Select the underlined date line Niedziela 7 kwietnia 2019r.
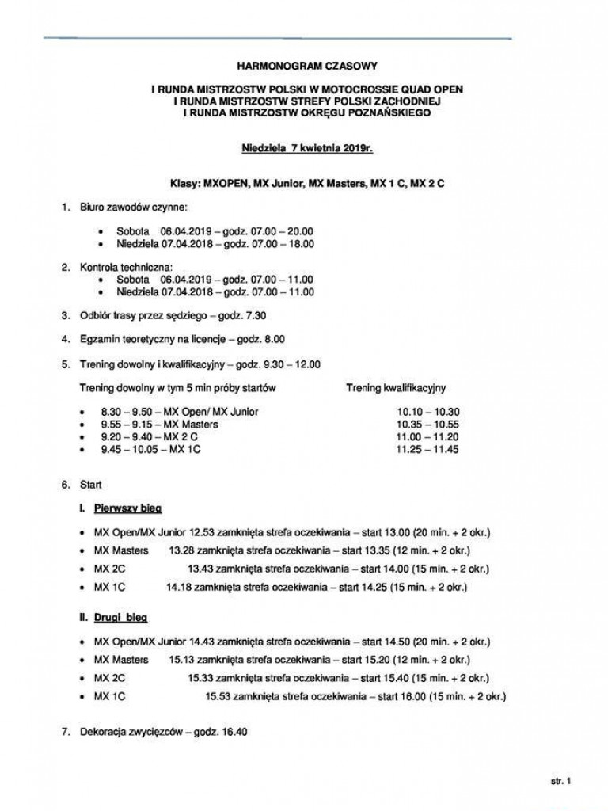pyautogui.click(x=306, y=147)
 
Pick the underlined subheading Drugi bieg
pyautogui.click(x=121, y=615)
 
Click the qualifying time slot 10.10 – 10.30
pyautogui.click(x=428, y=412)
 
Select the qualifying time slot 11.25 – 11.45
pyautogui.click(x=428, y=450)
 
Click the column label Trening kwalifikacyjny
pyautogui.click(x=396, y=388)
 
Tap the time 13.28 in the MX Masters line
pyautogui.click(x=182, y=550)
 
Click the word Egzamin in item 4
pyautogui.click(x=97, y=339)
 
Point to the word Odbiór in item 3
pyautogui.click(x=95, y=315)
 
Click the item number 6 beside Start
pyautogui.click(x=66, y=483)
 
